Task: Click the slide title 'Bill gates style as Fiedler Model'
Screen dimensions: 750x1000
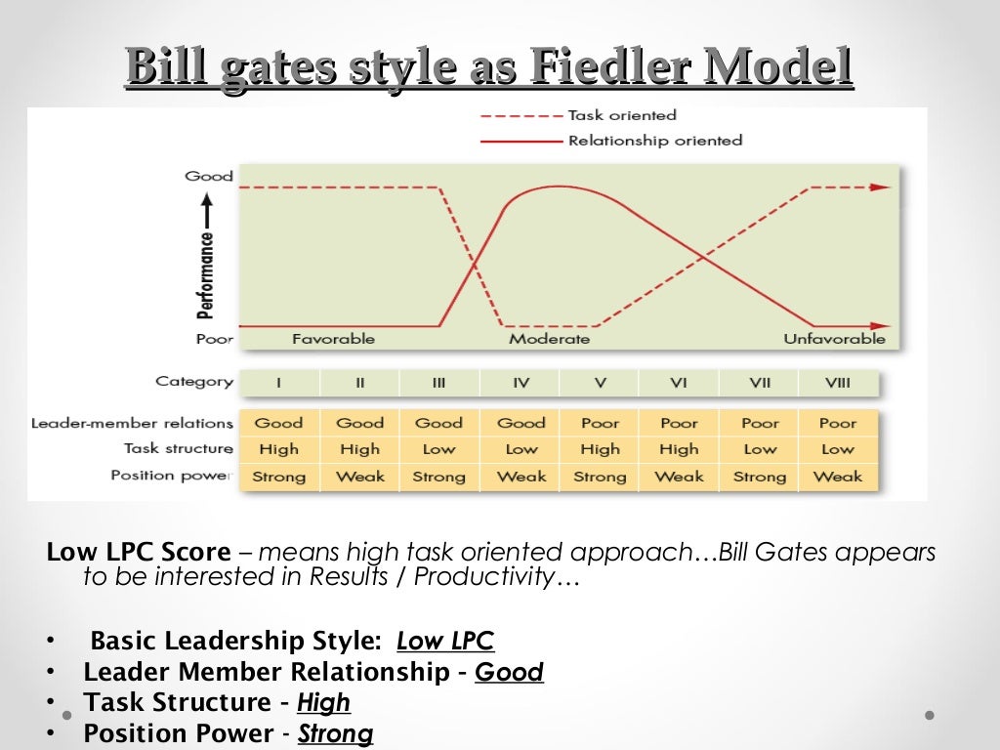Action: click(489, 69)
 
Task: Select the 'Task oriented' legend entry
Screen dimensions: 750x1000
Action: click(621, 115)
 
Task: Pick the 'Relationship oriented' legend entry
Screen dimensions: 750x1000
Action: click(654, 141)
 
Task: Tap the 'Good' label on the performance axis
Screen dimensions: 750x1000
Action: click(209, 177)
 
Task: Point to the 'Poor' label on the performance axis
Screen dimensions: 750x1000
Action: click(214, 340)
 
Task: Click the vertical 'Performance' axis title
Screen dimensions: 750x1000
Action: click(206, 275)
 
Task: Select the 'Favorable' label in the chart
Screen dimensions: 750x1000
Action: click(333, 339)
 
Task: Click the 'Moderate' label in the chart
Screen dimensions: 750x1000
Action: click(549, 339)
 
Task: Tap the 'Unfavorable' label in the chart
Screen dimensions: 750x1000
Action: click(834, 339)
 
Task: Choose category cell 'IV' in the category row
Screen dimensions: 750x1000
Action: click(521, 383)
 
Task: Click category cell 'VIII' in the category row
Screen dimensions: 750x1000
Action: click(837, 383)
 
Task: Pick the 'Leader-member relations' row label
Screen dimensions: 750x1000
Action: click(132, 424)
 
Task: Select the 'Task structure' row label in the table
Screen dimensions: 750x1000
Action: click(178, 449)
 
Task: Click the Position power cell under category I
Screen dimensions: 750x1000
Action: click(278, 477)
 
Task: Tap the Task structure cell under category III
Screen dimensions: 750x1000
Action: click(438, 449)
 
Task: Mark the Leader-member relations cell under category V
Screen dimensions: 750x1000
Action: click(600, 424)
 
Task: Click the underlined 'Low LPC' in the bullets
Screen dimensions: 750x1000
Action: click(445, 642)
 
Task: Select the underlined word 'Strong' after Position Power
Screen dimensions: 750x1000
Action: click(335, 733)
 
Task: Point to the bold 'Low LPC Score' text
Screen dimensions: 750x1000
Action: click(139, 552)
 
